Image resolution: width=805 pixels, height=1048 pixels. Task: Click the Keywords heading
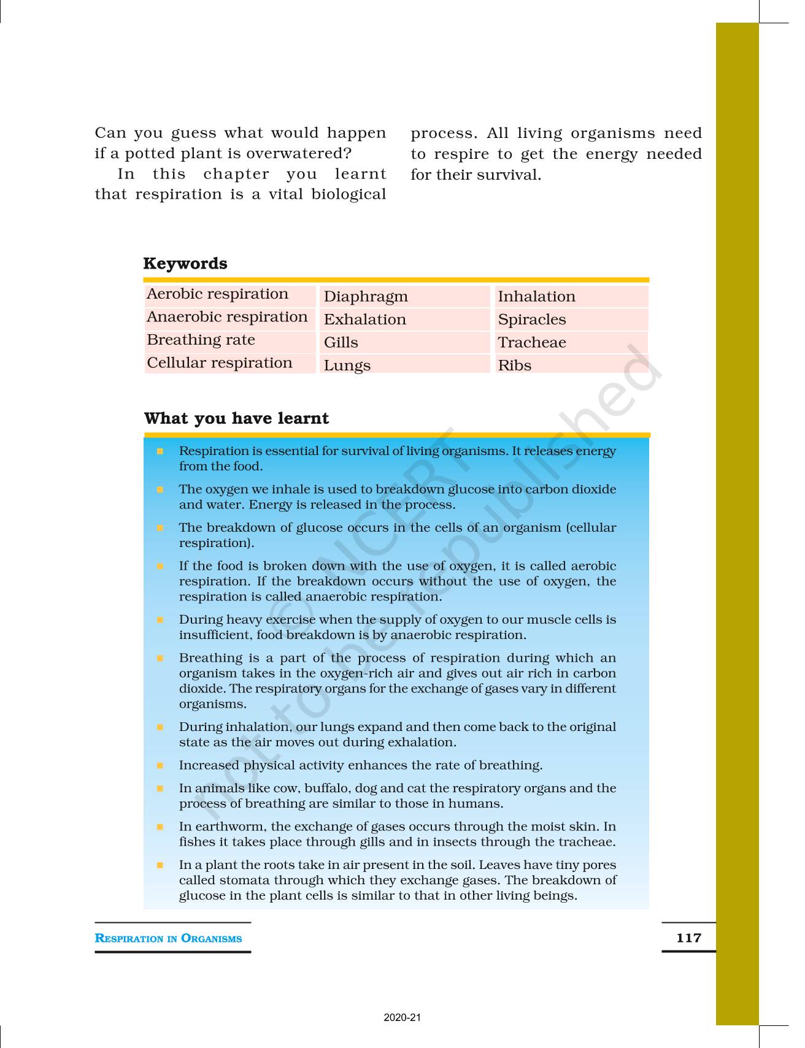(x=185, y=264)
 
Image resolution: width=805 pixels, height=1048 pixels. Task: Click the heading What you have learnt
(x=236, y=418)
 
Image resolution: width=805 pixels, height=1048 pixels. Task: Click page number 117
(x=688, y=938)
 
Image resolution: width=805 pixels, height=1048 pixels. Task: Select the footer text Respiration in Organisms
(x=168, y=938)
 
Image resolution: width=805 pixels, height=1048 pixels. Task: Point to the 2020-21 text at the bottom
(x=402, y=1017)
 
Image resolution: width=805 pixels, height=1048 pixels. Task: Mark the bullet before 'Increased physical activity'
(x=160, y=765)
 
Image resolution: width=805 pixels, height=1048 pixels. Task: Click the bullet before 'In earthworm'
(x=160, y=827)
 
